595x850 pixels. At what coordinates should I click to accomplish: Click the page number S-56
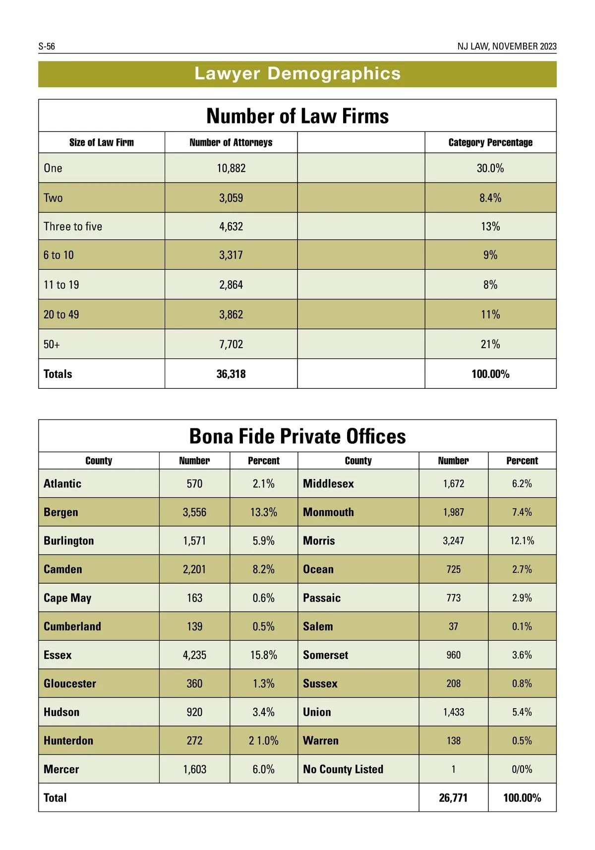pos(47,47)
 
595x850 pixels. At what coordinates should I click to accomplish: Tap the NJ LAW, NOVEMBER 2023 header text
pos(507,47)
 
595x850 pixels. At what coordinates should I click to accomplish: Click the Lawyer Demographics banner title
pos(297,73)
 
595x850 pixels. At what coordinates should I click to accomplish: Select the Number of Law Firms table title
pos(297,116)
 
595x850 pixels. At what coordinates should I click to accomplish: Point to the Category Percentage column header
pos(490,142)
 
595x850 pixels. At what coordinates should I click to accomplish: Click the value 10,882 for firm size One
pos(231,168)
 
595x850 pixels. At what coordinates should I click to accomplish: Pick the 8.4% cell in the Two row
pos(490,198)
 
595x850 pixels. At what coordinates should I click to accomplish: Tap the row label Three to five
pos(73,227)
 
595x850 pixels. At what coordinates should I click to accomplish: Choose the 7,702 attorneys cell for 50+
pos(231,344)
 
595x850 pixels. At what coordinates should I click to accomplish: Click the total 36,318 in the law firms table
pos(231,374)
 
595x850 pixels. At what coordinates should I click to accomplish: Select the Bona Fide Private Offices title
pos(297,436)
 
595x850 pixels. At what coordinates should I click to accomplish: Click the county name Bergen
pos(61,512)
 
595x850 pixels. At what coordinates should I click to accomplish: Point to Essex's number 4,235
pos(194,655)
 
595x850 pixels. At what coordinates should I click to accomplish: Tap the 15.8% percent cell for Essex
pos(264,655)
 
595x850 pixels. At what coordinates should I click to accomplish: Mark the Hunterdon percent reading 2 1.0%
pos(264,741)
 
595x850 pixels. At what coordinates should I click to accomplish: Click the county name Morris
pos(319,541)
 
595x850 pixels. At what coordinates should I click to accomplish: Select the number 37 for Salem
pos(453,627)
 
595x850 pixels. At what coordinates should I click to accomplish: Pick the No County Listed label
pos(343,769)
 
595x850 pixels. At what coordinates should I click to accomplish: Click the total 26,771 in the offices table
pos(453,798)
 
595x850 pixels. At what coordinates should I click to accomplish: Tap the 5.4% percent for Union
pos(522,712)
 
